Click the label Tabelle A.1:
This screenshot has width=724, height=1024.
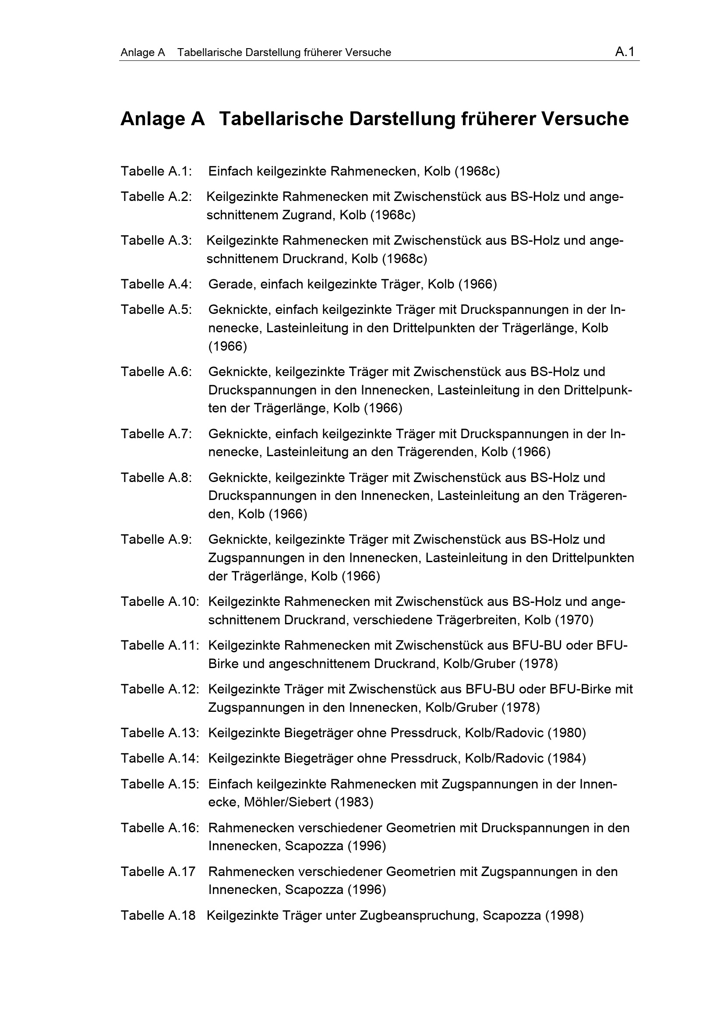156,171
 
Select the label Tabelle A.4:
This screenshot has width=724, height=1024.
156,284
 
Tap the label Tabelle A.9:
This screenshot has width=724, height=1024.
156,539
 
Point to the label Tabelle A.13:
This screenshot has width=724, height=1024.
159,733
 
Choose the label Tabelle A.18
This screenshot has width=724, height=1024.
158,915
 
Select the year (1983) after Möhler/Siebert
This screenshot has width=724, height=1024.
354,802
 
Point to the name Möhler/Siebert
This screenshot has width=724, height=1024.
287,802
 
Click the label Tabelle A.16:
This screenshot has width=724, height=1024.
159,828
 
